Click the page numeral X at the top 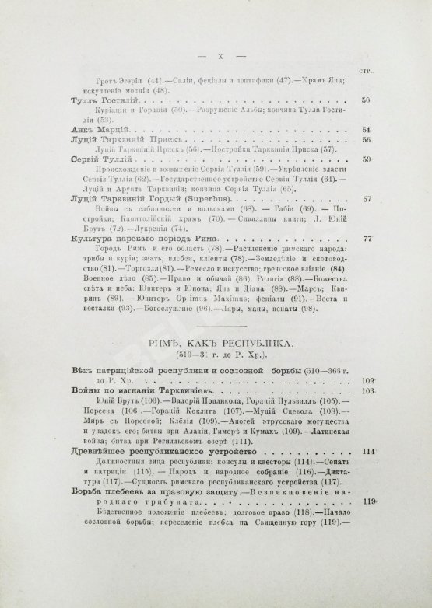(x=223, y=57)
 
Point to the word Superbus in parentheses (x=174, y=198)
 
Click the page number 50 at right (x=367, y=100)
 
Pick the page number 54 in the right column (x=367, y=129)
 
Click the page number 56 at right (x=367, y=139)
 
